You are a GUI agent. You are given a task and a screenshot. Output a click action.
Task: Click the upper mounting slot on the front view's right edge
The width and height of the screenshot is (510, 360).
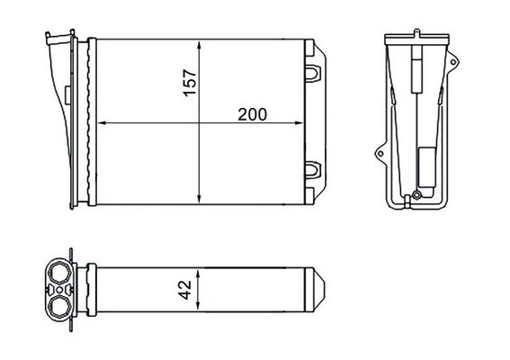pyautogui.click(x=314, y=68)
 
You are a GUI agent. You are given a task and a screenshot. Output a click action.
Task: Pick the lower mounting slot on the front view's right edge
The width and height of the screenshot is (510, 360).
pyautogui.click(x=314, y=167)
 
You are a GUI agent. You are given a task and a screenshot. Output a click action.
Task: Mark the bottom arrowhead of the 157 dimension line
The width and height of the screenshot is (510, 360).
pyautogui.click(x=199, y=195)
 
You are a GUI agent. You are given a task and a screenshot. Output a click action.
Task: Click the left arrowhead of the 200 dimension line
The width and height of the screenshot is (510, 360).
pyautogui.click(x=100, y=122)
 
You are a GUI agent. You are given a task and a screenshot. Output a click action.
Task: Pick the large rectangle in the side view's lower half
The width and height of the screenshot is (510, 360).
pyautogui.click(x=424, y=166)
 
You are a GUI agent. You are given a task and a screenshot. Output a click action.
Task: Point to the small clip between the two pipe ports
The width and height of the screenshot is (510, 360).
pyautogui.click(x=60, y=289)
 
